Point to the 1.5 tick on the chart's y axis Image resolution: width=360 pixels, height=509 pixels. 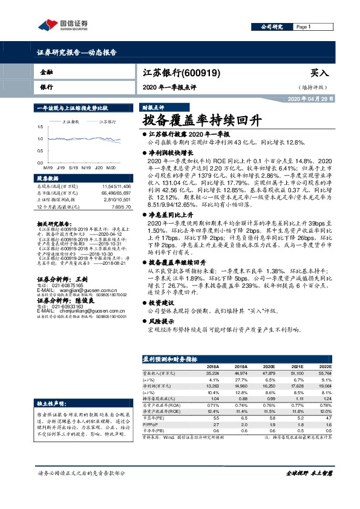click(x=40, y=127)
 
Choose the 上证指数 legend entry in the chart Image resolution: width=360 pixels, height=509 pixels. click(x=72, y=122)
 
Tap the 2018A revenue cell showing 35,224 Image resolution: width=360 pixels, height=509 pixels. click(x=212, y=373)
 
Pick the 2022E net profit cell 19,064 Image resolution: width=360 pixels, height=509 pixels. click(x=326, y=384)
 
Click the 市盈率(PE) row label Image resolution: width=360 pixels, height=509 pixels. click(x=152, y=418)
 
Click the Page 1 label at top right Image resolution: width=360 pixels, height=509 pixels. click(x=304, y=27)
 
